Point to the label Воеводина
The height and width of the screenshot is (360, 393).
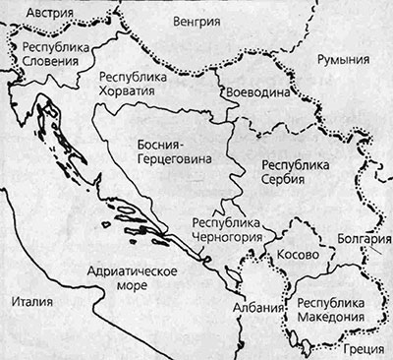coord(257,90)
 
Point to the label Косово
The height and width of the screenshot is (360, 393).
coord(298,254)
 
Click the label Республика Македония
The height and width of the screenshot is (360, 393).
coord(325,310)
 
